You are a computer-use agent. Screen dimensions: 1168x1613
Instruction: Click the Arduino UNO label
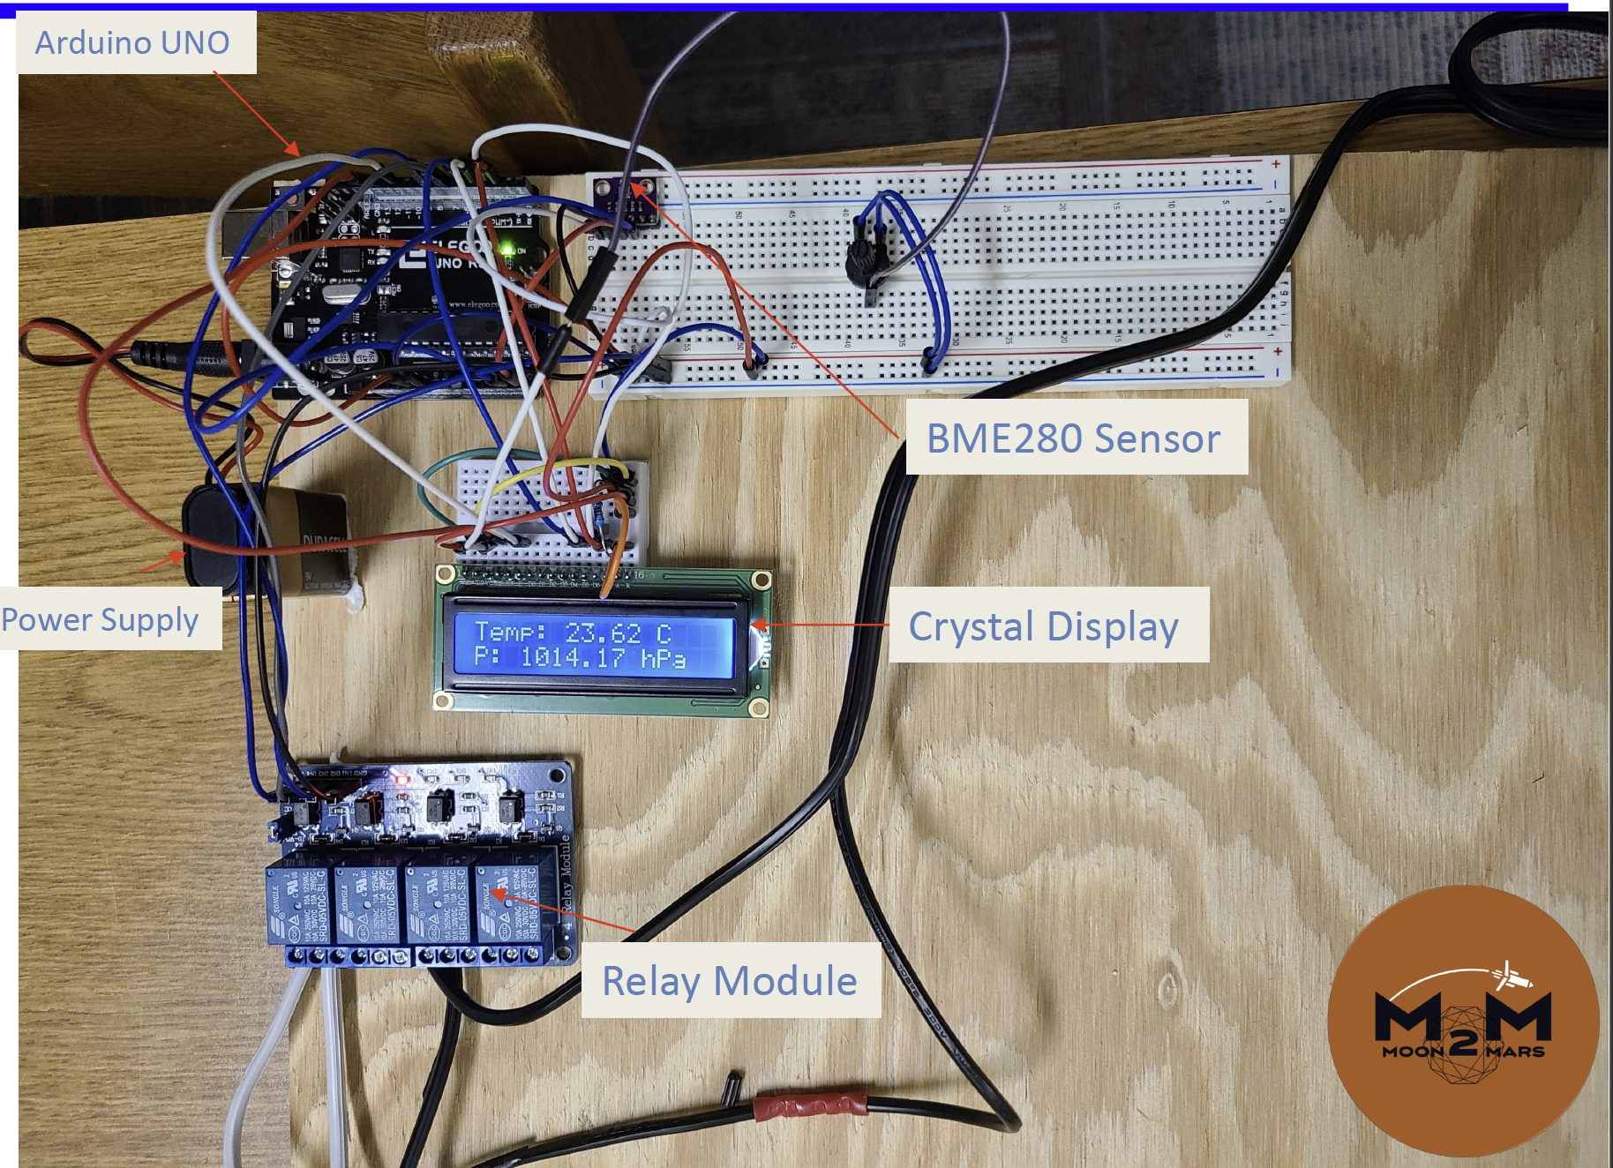coord(132,42)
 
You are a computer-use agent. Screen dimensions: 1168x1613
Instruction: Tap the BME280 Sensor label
coord(1073,438)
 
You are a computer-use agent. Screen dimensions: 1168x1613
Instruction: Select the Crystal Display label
coord(1044,625)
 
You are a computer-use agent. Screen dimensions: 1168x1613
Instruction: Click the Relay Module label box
coord(730,980)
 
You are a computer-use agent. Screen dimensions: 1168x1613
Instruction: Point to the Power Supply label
coord(100,619)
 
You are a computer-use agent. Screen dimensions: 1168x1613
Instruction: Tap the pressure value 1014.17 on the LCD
coord(573,657)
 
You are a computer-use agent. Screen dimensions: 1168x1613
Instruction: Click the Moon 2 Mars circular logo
coord(1463,1021)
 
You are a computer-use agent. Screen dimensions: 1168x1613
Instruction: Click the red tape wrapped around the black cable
coord(810,1104)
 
